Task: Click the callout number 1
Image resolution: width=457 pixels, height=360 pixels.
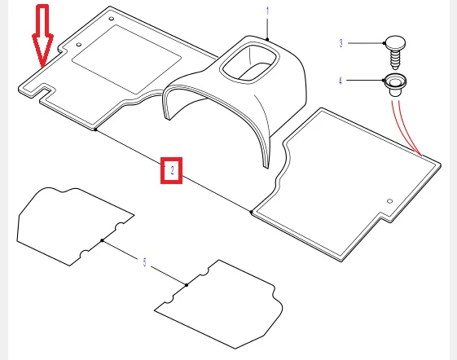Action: tap(267, 11)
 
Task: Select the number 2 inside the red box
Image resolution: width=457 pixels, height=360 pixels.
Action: tap(172, 170)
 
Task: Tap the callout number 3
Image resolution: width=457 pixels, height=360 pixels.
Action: tap(341, 43)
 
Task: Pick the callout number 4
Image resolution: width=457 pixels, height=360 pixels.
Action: tap(341, 81)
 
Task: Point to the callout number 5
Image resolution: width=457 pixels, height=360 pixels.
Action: tap(144, 262)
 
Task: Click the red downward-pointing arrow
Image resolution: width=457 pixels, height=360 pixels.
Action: tap(42, 35)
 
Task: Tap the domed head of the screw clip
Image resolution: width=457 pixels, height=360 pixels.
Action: tap(395, 42)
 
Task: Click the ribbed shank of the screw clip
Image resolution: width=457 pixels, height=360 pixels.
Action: tap(395, 59)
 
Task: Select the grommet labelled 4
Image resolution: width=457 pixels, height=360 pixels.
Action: tap(395, 85)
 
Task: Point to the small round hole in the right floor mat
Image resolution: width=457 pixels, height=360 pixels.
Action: tap(389, 201)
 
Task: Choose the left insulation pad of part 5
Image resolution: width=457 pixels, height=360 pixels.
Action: tap(75, 226)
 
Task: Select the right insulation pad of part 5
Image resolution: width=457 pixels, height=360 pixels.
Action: tap(218, 304)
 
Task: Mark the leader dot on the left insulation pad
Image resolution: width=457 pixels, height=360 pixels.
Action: tap(102, 240)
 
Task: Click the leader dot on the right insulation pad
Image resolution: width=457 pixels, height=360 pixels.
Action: tap(187, 285)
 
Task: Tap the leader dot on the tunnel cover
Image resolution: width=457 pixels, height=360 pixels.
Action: tap(267, 39)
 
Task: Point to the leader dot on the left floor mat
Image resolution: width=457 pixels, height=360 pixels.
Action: tap(95, 130)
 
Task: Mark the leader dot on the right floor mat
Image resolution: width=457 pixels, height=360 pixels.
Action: tap(251, 212)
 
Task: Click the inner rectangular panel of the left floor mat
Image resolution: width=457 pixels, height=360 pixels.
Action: tap(127, 59)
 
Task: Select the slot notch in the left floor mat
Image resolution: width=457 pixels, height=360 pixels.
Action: tap(43, 90)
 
